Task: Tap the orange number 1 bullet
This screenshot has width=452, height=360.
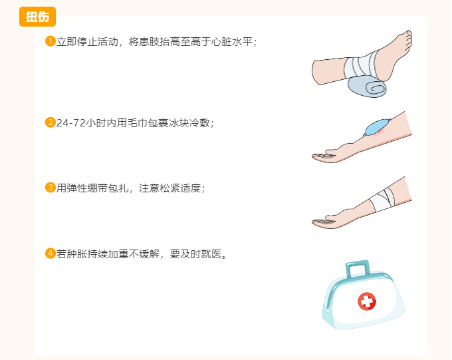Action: point(50,41)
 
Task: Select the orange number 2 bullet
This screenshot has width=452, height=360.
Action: point(50,122)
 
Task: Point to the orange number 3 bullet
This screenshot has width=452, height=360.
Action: point(50,187)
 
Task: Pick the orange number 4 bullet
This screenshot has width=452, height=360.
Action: point(50,253)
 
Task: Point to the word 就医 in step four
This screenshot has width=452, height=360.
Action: point(213,254)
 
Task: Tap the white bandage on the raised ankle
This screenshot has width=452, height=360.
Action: point(359,67)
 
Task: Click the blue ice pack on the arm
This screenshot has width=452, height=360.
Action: point(378,126)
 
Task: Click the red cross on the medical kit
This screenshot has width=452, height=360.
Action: point(366,301)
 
